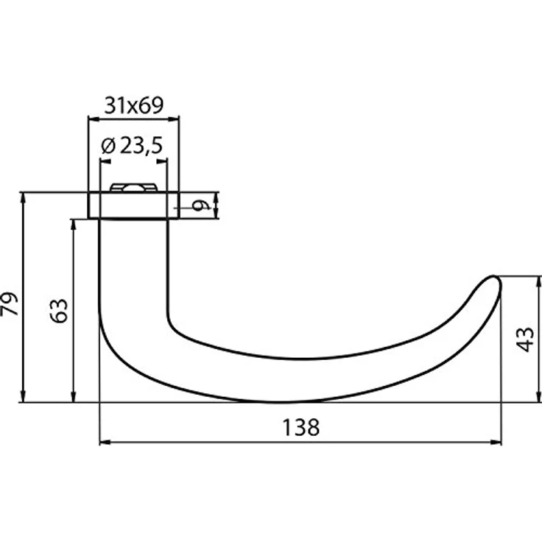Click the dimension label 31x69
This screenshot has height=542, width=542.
click(x=133, y=105)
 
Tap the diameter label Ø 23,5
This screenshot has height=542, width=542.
click(x=132, y=146)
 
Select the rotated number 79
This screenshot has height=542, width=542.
click(x=10, y=304)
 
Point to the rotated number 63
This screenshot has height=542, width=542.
click(x=60, y=311)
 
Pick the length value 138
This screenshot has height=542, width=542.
click(x=300, y=427)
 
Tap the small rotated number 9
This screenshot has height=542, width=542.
click(x=201, y=206)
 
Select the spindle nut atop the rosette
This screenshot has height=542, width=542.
click(x=134, y=188)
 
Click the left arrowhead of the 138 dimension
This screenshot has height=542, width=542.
click(x=105, y=442)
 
